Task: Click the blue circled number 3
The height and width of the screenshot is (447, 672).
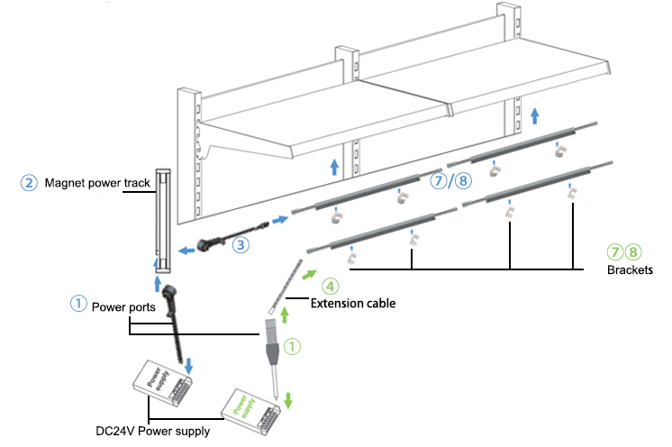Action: (x=240, y=243)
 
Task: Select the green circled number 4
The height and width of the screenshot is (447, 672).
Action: (x=331, y=287)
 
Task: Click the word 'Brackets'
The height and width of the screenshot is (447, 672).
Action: (x=626, y=269)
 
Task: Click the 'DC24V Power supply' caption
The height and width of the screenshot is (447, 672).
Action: (x=152, y=432)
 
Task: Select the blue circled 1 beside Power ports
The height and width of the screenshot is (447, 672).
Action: (x=77, y=305)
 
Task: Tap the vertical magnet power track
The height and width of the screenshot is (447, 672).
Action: (x=162, y=220)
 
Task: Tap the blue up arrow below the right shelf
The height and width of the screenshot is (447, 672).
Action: (x=535, y=114)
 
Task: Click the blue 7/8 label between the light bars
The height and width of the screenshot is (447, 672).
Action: (x=450, y=181)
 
